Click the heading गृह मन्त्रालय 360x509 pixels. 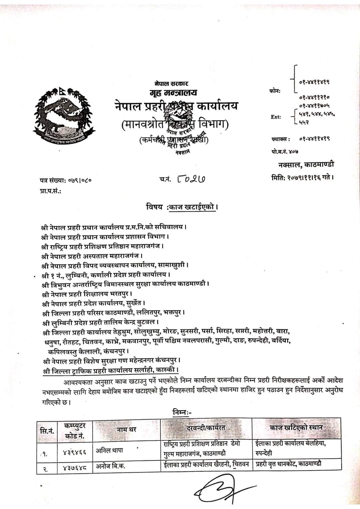click(173, 92)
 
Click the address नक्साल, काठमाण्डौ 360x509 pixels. click(306, 164)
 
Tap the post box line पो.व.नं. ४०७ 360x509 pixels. click(285, 152)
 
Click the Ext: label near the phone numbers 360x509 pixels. click(276, 117)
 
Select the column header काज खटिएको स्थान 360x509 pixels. click(296, 427)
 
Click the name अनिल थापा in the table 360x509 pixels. click(109, 450)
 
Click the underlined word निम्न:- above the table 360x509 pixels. click(182, 412)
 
